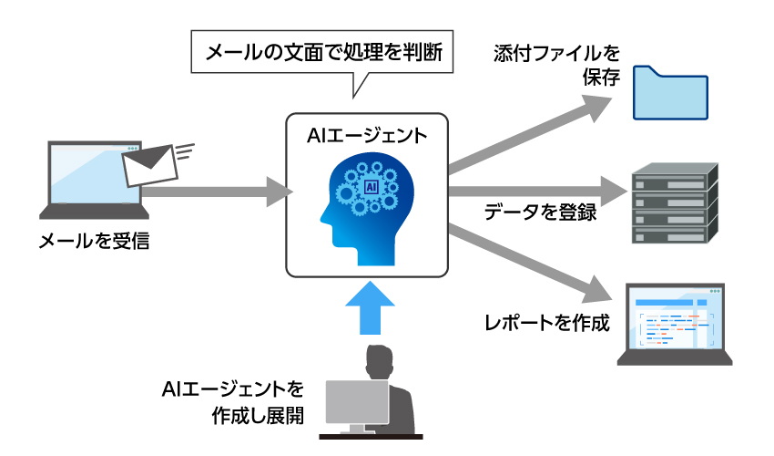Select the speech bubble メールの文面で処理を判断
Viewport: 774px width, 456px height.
coord(323,52)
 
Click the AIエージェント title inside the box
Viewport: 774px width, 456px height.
coord(368,136)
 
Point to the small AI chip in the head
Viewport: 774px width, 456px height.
coord(371,187)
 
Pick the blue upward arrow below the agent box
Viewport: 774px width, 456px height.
coord(371,310)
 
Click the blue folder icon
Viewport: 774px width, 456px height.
coord(671,93)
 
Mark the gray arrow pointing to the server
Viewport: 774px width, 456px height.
coord(537,192)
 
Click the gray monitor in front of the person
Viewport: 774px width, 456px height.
coord(357,402)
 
